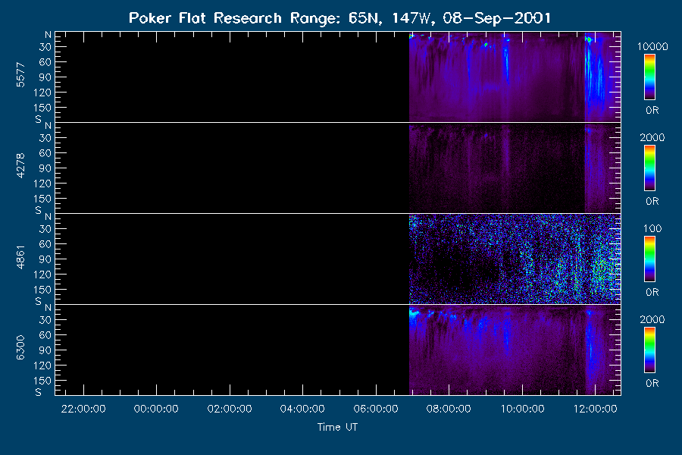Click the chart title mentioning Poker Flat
click(339, 18)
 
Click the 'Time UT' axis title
click(337, 427)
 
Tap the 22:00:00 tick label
click(83, 409)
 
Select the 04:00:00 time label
click(302, 409)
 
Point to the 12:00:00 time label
click(595, 409)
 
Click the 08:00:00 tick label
click(449, 409)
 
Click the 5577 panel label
click(20, 75)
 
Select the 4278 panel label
click(20, 166)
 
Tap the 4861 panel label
click(20, 257)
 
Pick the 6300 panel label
click(20, 348)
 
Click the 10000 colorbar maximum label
click(652, 46)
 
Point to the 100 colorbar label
click(652, 228)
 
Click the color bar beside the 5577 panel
click(650, 77)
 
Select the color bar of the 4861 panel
click(650, 259)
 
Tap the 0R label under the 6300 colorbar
click(652, 383)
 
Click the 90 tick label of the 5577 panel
click(45, 77)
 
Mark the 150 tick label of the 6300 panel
click(42, 381)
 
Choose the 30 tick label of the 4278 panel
click(45, 138)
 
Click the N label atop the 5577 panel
click(48, 35)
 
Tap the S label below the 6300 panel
click(39, 392)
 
